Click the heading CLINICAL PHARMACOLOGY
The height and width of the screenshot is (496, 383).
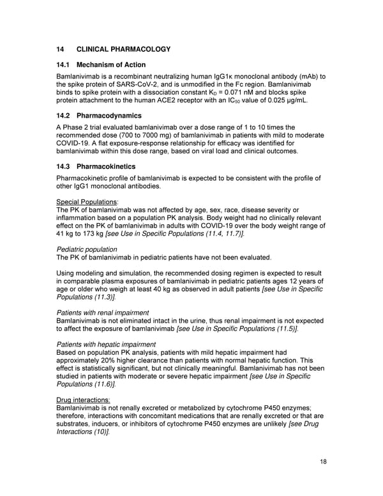123,49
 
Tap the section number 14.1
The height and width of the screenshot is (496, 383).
64,65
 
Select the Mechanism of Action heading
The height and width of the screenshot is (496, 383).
111,65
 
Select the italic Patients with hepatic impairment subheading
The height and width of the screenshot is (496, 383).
106,344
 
